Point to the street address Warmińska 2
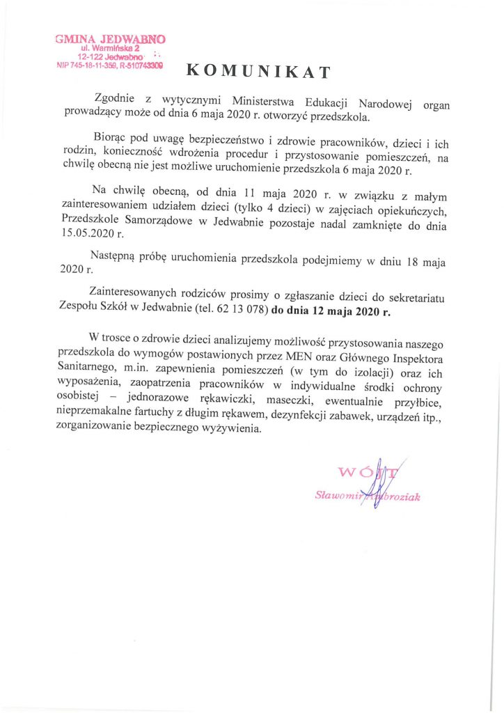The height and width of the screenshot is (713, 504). (114, 49)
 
